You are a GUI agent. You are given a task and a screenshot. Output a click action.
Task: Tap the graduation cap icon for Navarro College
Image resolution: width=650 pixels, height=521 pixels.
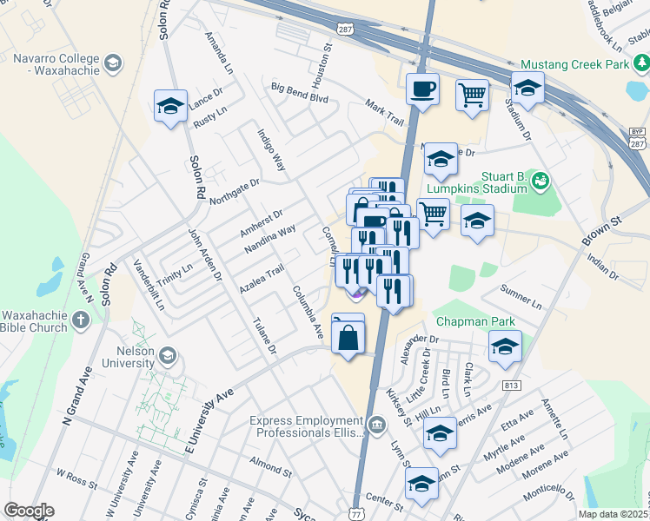pos(113,63)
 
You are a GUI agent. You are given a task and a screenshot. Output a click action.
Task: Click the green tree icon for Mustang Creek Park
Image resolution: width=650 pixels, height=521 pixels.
pos(640,63)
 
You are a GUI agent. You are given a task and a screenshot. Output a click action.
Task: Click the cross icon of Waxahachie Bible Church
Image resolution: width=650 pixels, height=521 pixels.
pos(80,320)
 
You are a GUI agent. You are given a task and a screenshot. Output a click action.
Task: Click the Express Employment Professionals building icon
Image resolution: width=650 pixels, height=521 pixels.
pos(375,425)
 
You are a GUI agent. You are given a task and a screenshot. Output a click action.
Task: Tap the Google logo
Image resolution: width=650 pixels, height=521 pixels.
pos(30,511)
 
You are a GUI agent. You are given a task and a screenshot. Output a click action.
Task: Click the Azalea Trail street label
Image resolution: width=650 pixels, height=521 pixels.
pos(262,279)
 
